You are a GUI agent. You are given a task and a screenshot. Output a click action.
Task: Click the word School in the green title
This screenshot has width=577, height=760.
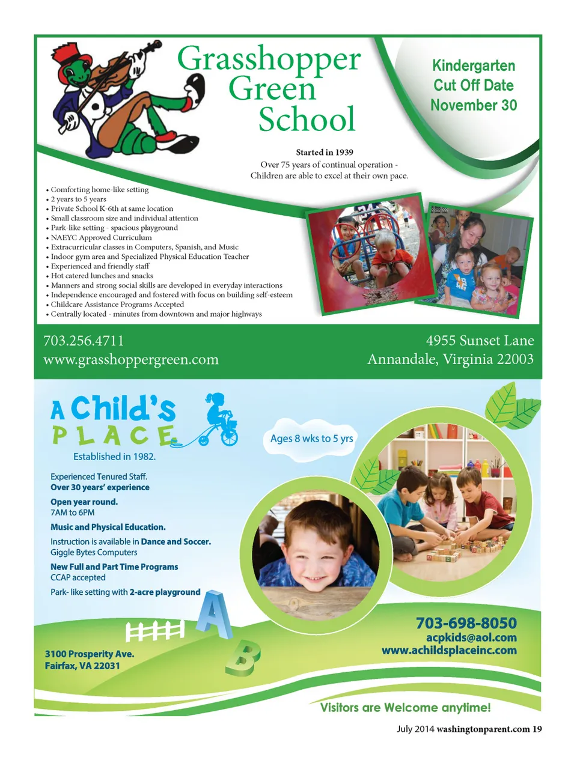coord(307,119)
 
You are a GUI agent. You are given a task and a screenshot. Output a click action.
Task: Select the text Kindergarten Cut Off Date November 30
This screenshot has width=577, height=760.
coord(474,85)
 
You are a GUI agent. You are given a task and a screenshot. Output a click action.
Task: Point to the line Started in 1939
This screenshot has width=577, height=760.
coord(325,153)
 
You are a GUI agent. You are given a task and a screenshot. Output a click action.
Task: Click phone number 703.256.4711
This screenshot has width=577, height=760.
coord(84,341)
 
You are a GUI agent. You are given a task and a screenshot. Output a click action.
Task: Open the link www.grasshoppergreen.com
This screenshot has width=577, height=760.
coord(131,360)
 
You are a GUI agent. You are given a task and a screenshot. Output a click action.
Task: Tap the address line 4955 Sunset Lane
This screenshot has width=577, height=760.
coord(480,341)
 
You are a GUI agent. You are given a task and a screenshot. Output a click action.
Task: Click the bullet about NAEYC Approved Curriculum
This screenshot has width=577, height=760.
coord(101,237)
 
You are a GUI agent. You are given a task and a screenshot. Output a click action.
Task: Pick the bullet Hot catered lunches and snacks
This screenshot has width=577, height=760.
coord(102,276)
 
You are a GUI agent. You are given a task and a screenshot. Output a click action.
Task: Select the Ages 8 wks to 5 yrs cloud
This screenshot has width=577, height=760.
coord(311,439)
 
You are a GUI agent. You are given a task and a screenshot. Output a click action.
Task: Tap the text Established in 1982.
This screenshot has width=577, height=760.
coord(114,457)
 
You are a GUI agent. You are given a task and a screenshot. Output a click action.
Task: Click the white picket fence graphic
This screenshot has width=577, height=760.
coord(154,631)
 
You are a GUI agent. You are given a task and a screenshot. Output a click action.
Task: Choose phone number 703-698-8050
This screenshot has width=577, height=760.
coord(466,623)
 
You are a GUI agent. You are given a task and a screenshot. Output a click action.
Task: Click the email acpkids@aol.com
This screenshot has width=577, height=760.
coord(471,637)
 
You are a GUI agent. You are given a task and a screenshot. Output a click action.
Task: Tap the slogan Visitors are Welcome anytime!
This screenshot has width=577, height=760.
coord(405,708)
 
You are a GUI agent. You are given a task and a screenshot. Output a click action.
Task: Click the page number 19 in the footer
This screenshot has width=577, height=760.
coord(537,729)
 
